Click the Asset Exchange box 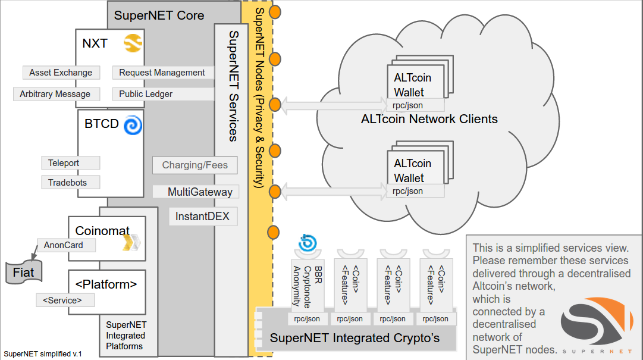point(61,73)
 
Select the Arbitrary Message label point(55,94)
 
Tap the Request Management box point(162,73)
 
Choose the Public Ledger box point(146,94)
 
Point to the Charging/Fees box point(195,165)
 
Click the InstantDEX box point(202,217)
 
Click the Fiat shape point(24,273)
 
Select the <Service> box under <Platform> point(65,300)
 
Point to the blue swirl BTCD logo point(132,125)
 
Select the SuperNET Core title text point(159,15)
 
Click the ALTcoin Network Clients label point(429,119)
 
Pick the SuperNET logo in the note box point(597,325)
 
